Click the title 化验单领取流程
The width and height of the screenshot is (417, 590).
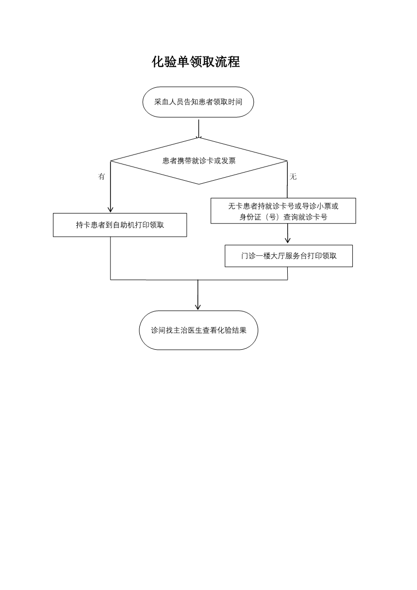point(196,62)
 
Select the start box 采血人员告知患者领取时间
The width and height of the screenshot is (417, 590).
point(198,102)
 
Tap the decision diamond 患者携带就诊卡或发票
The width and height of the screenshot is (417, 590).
point(199,161)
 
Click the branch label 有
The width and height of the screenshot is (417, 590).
point(101,177)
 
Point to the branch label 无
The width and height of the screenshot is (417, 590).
point(293,177)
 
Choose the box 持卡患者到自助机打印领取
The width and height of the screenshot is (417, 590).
point(120,225)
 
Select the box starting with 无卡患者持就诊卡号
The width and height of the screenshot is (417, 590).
point(283,211)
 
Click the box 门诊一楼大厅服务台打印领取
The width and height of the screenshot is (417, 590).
point(289,256)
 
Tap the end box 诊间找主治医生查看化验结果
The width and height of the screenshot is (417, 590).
point(198,331)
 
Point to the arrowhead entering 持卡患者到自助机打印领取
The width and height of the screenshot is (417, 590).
point(110,209)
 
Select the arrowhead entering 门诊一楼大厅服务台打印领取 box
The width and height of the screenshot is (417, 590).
point(288,241)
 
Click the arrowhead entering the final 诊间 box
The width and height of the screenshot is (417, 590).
point(197,307)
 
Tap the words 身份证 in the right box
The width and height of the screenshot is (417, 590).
point(250,217)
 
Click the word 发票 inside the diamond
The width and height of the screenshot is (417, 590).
point(229,161)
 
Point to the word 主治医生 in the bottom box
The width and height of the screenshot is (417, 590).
point(188,331)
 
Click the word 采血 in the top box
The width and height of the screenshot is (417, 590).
point(162,102)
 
